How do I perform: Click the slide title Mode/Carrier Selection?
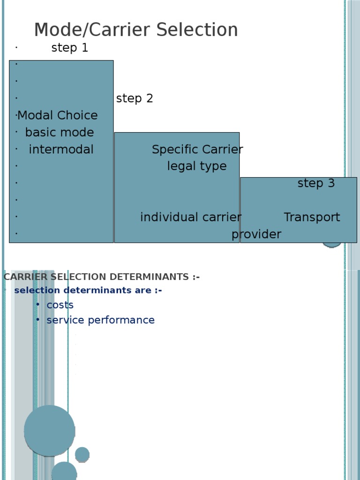pyautogui.click(x=136, y=30)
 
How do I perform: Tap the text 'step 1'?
pyautogui.click(x=69, y=48)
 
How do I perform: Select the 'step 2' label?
pyautogui.click(x=135, y=98)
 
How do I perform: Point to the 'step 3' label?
pyautogui.click(x=316, y=183)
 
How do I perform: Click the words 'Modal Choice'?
pyautogui.click(x=58, y=115)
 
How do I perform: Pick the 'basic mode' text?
pyautogui.click(x=60, y=132)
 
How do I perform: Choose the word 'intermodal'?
pyautogui.click(x=61, y=150)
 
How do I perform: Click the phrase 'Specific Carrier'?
pyautogui.click(x=197, y=150)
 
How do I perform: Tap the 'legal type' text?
pyautogui.click(x=197, y=166)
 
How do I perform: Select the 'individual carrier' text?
pyautogui.click(x=191, y=217)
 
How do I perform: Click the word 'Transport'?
pyautogui.click(x=312, y=217)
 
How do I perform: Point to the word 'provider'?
pyautogui.click(x=256, y=234)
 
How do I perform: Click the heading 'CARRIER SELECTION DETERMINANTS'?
pyautogui.click(x=101, y=277)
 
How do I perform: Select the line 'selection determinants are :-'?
pyautogui.click(x=88, y=290)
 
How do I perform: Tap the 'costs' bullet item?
pyautogui.click(x=60, y=305)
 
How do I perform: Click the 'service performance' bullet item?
pyautogui.click(x=100, y=320)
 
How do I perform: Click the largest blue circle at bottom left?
pyautogui.click(x=49, y=431)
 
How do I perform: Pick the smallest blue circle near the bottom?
pyautogui.click(x=82, y=454)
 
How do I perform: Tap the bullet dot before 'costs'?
pyautogui.click(x=37, y=305)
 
